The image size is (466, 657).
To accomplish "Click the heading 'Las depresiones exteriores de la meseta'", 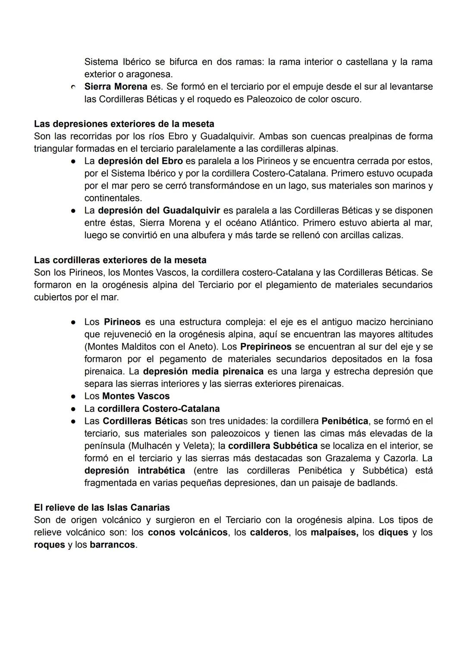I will pyautogui.click(x=124, y=124).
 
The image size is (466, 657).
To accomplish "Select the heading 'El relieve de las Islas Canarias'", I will pyautogui.click(x=102, y=508).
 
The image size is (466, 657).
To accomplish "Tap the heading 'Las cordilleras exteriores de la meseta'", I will pyautogui.click(x=120, y=260).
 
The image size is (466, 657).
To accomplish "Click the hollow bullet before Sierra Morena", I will pyautogui.click(x=74, y=87).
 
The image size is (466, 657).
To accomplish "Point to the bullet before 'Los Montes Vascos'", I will pyautogui.click(x=74, y=396).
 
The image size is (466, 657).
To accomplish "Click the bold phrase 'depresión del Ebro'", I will pyautogui.click(x=140, y=161).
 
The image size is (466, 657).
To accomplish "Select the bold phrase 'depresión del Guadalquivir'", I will pyautogui.click(x=159, y=211).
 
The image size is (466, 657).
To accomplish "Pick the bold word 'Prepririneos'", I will pyautogui.click(x=266, y=347).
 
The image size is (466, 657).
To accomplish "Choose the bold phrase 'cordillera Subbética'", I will pyautogui.click(x=273, y=445).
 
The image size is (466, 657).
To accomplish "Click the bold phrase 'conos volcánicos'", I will pyautogui.click(x=188, y=532).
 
